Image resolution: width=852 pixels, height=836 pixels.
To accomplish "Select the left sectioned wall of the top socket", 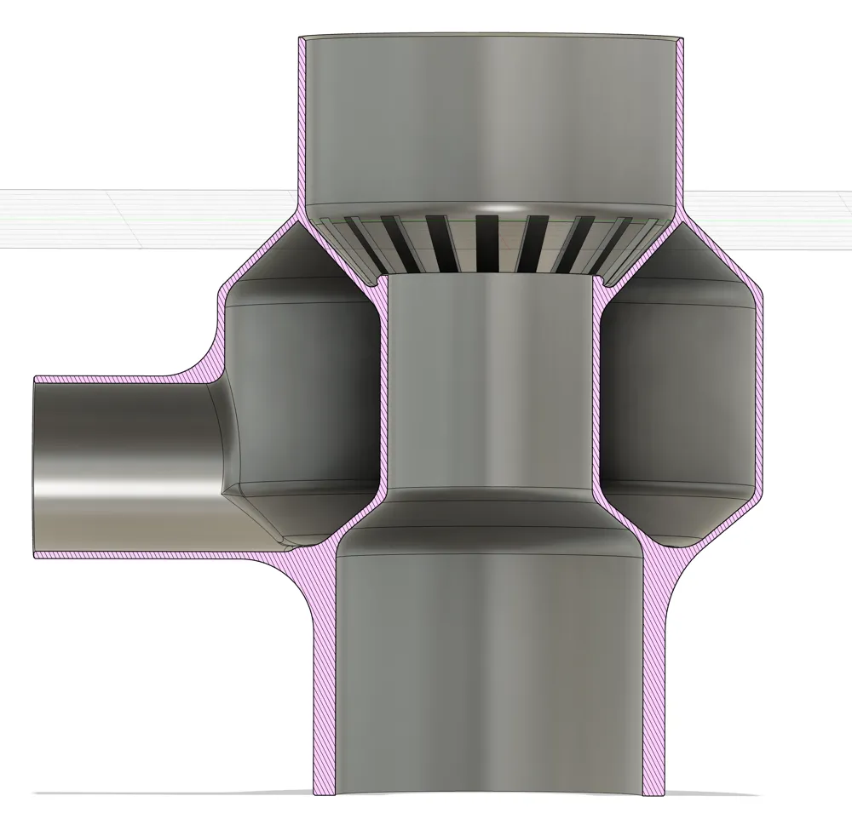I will (302, 128).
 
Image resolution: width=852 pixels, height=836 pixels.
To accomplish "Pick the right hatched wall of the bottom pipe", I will (655, 681).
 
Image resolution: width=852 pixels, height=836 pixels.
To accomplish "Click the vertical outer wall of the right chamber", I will (757, 392).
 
